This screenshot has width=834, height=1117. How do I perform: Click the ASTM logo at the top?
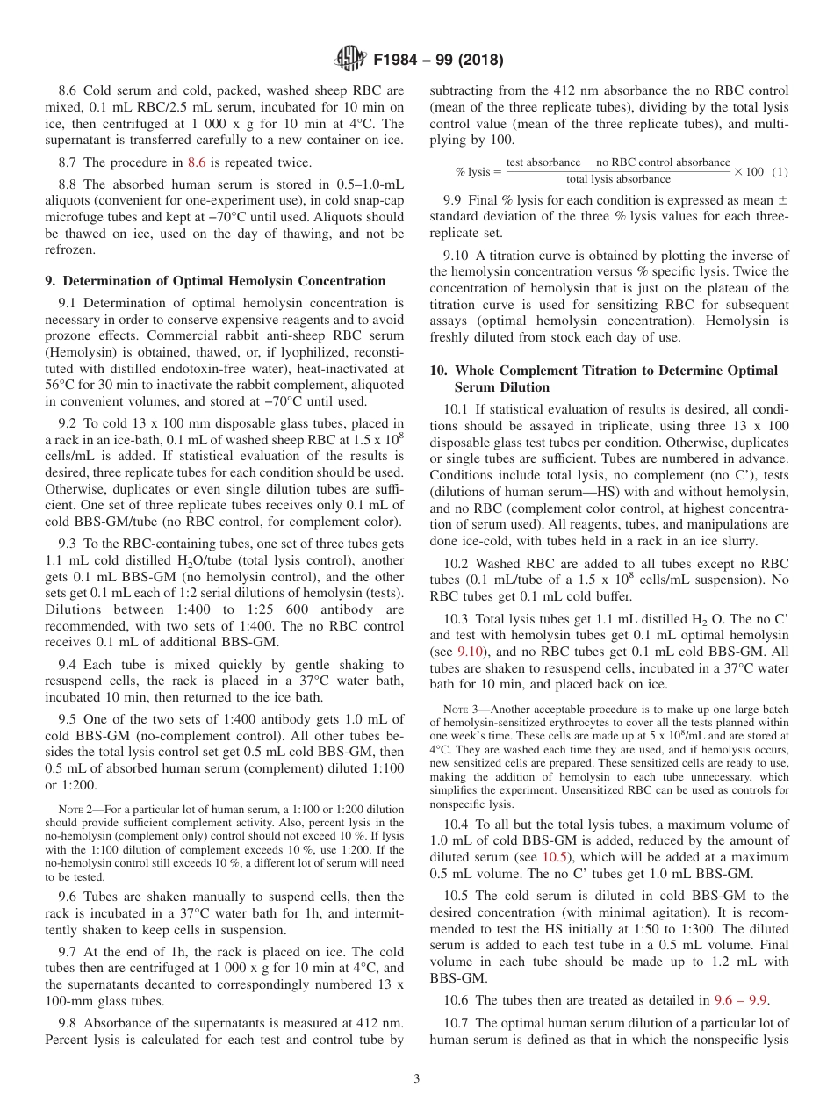(350, 60)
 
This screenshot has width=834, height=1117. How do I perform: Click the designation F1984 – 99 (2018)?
(437, 61)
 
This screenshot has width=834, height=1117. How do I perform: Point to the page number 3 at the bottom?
(416, 1079)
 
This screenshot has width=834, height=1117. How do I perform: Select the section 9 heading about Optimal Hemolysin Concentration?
(215, 281)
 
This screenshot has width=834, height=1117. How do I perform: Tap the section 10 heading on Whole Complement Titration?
(603, 378)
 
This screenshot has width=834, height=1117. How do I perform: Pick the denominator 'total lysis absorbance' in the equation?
(618, 179)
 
